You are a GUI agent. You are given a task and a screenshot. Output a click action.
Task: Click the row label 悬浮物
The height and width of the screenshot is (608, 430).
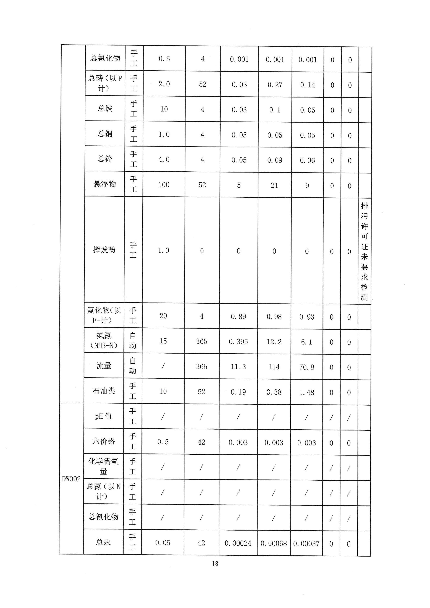(x=104, y=184)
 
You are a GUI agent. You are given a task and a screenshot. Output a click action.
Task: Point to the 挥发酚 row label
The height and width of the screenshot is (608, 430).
(x=104, y=250)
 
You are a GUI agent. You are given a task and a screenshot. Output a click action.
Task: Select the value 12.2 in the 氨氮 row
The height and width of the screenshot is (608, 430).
(x=274, y=342)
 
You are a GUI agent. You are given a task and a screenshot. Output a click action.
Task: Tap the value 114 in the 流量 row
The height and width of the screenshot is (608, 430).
(x=274, y=367)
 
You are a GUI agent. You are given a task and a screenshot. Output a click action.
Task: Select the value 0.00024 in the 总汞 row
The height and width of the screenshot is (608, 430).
(x=238, y=543)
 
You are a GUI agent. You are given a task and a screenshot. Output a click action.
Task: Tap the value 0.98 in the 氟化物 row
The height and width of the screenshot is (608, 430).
(x=274, y=317)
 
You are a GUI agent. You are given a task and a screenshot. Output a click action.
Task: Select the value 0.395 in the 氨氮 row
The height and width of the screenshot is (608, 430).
(x=238, y=342)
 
